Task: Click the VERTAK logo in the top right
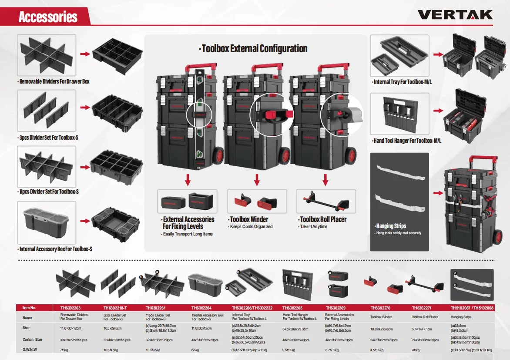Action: tap(455, 15)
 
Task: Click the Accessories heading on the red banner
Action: tap(48, 17)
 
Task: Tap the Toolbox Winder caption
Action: tap(248, 219)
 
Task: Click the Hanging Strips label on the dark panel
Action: tap(391, 226)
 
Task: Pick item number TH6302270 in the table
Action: tap(381, 308)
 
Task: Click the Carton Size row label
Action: tap(33, 340)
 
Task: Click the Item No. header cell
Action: tap(29, 308)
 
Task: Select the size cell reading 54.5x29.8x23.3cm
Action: tap(295, 330)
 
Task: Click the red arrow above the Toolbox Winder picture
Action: tap(257, 179)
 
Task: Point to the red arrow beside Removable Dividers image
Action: tap(84, 54)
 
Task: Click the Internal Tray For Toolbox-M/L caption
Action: tap(402, 82)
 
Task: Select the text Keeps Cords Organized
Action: tap(251, 227)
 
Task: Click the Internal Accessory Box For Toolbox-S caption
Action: tap(55, 249)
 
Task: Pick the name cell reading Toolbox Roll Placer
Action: tap(425, 317)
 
